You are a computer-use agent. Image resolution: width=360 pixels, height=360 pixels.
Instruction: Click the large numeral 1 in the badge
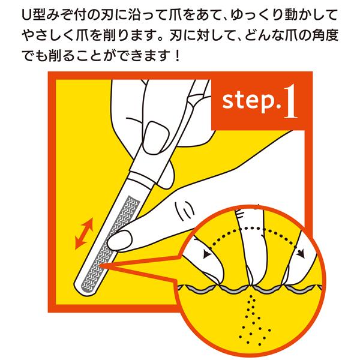coord(290,102)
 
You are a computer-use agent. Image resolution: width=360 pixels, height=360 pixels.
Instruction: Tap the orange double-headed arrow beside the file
coord(84,233)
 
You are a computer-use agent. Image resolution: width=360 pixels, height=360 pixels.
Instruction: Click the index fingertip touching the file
coord(119,241)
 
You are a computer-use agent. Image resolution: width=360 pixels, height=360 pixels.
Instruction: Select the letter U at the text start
coord(28,15)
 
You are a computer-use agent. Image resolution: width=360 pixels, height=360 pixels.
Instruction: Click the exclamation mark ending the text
coord(177,56)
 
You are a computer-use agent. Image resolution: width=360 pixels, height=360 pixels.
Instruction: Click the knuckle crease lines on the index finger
coord(185,211)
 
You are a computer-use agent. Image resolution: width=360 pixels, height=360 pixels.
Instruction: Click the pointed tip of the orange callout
coord(101,266)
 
